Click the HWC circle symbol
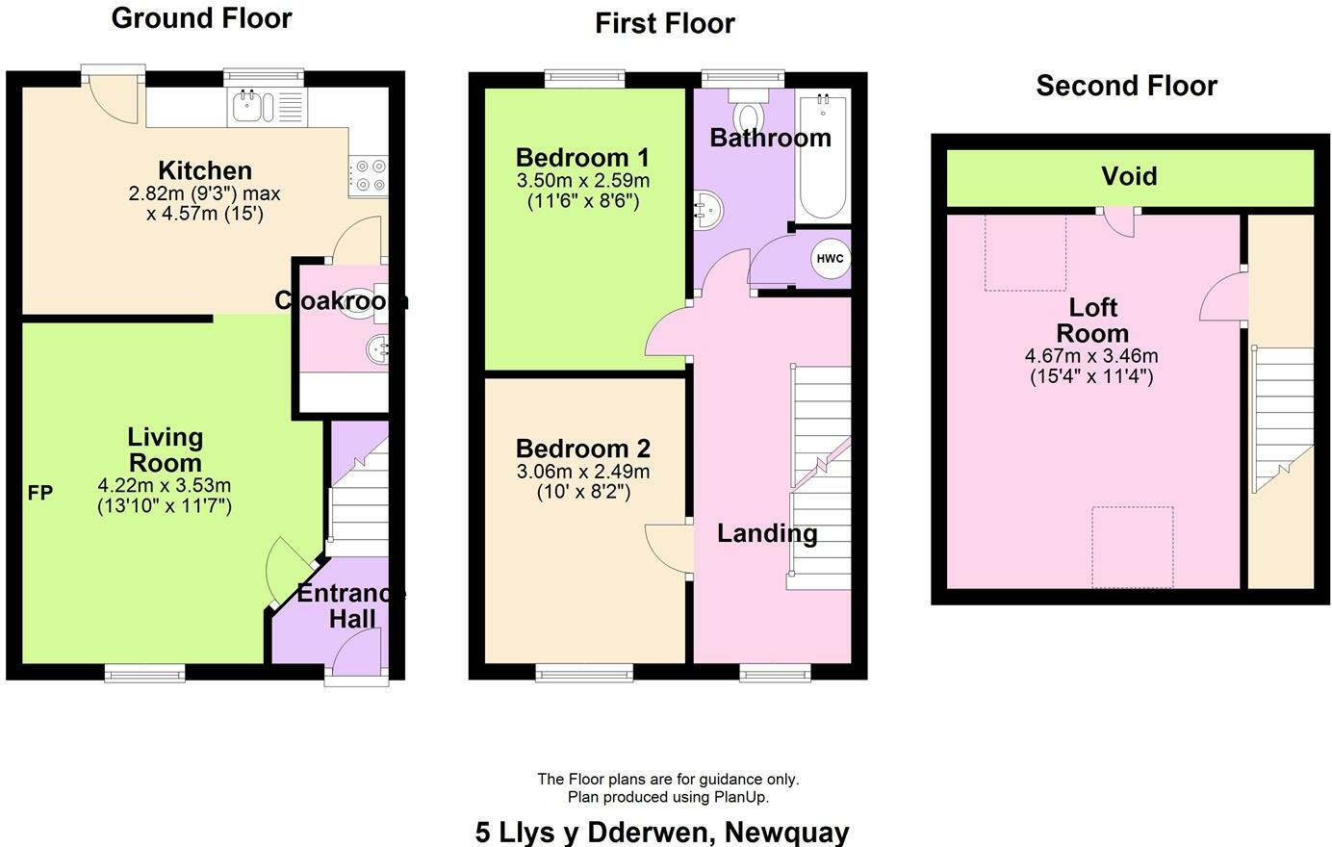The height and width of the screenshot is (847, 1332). click(x=829, y=259)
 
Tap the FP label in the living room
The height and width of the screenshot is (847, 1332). click(x=39, y=494)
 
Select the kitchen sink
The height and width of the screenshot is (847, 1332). click(x=253, y=107)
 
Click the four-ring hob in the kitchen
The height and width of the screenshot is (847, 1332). click(x=369, y=174)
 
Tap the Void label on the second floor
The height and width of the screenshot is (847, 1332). click(x=1129, y=176)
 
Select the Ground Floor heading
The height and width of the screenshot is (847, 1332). click(x=201, y=18)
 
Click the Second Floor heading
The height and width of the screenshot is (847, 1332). click(x=1126, y=86)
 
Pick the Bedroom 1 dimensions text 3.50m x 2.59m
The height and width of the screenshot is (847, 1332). click(x=582, y=181)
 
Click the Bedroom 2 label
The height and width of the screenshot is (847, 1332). click(x=582, y=449)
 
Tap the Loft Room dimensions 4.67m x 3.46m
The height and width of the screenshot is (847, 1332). click(x=1091, y=356)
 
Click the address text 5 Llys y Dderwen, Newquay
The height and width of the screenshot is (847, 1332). click(x=662, y=832)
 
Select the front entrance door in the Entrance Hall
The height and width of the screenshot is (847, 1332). click(x=356, y=651)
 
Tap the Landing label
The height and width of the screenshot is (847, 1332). click(x=767, y=533)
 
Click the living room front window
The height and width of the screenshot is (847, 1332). click(x=144, y=673)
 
